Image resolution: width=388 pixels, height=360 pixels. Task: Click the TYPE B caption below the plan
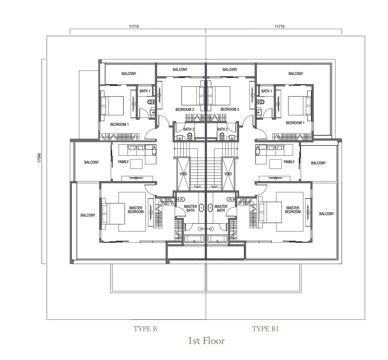pyautogui.click(x=145, y=329)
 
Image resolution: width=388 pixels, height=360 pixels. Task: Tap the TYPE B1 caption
pyautogui.click(x=265, y=329)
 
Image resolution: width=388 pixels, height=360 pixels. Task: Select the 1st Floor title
pyautogui.click(x=206, y=341)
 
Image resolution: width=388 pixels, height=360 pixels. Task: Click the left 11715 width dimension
pyautogui.click(x=134, y=26)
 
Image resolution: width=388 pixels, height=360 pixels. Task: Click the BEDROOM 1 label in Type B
pyautogui.click(x=119, y=124)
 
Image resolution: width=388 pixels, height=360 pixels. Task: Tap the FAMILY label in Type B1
pyautogui.click(x=289, y=162)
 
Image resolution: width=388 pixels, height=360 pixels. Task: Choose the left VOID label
pyautogui.click(x=183, y=174)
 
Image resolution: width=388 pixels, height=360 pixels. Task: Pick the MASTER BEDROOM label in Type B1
pyautogui.click(x=293, y=210)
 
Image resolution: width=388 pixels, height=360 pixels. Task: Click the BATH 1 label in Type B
pyautogui.click(x=145, y=91)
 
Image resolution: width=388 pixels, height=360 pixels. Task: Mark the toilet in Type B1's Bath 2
pyautogui.click(x=222, y=135)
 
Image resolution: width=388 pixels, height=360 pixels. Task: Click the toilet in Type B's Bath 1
pyautogui.click(x=150, y=101)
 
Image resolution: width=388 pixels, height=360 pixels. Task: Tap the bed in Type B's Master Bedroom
pyautogui.click(x=113, y=213)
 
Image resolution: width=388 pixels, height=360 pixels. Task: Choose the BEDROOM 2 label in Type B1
pyautogui.click(x=230, y=109)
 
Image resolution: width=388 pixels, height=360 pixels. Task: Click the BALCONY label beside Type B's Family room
pyautogui.click(x=92, y=162)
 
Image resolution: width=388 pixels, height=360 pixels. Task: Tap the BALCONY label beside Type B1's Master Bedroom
pyautogui.click(x=327, y=213)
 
